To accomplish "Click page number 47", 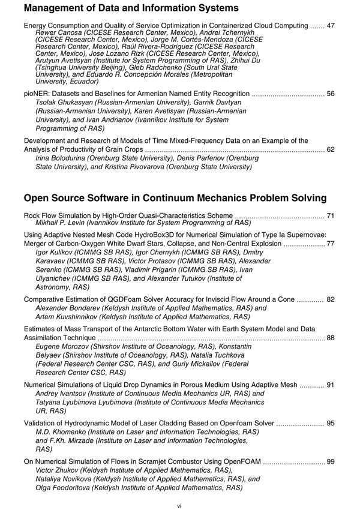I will pyautogui.click(x=331, y=26).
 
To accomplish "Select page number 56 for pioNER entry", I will pyautogui.click(x=331, y=94).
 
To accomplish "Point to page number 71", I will pyautogui.click(x=331, y=214).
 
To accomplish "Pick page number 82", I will pyautogui.click(x=331, y=299).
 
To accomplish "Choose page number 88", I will pyautogui.click(x=331, y=338).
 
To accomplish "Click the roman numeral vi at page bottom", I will pyautogui.click(x=179, y=506).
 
